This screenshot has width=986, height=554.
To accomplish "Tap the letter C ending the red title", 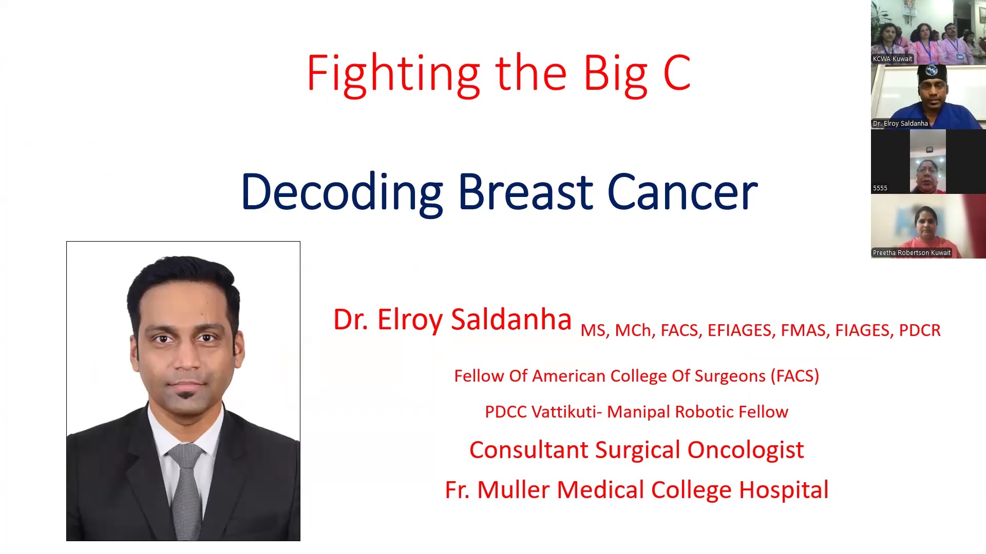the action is (677, 73).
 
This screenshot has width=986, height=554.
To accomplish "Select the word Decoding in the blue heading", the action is (342, 193).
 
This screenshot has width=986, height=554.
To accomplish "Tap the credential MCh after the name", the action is (633, 330).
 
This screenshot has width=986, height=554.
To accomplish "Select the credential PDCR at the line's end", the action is (920, 330).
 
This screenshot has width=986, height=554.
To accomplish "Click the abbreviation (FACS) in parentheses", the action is (794, 376).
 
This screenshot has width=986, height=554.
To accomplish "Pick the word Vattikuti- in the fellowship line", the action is (567, 412).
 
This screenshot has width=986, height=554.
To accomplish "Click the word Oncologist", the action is (745, 450).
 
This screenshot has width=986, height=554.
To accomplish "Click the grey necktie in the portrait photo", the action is (186, 487).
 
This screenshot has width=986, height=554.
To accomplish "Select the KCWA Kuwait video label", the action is (893, 59).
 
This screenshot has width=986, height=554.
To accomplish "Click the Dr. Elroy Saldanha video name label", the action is (900, 124).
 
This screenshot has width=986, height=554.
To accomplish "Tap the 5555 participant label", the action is (880, 188).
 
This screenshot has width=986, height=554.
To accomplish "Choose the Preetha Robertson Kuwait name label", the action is (912, 253).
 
